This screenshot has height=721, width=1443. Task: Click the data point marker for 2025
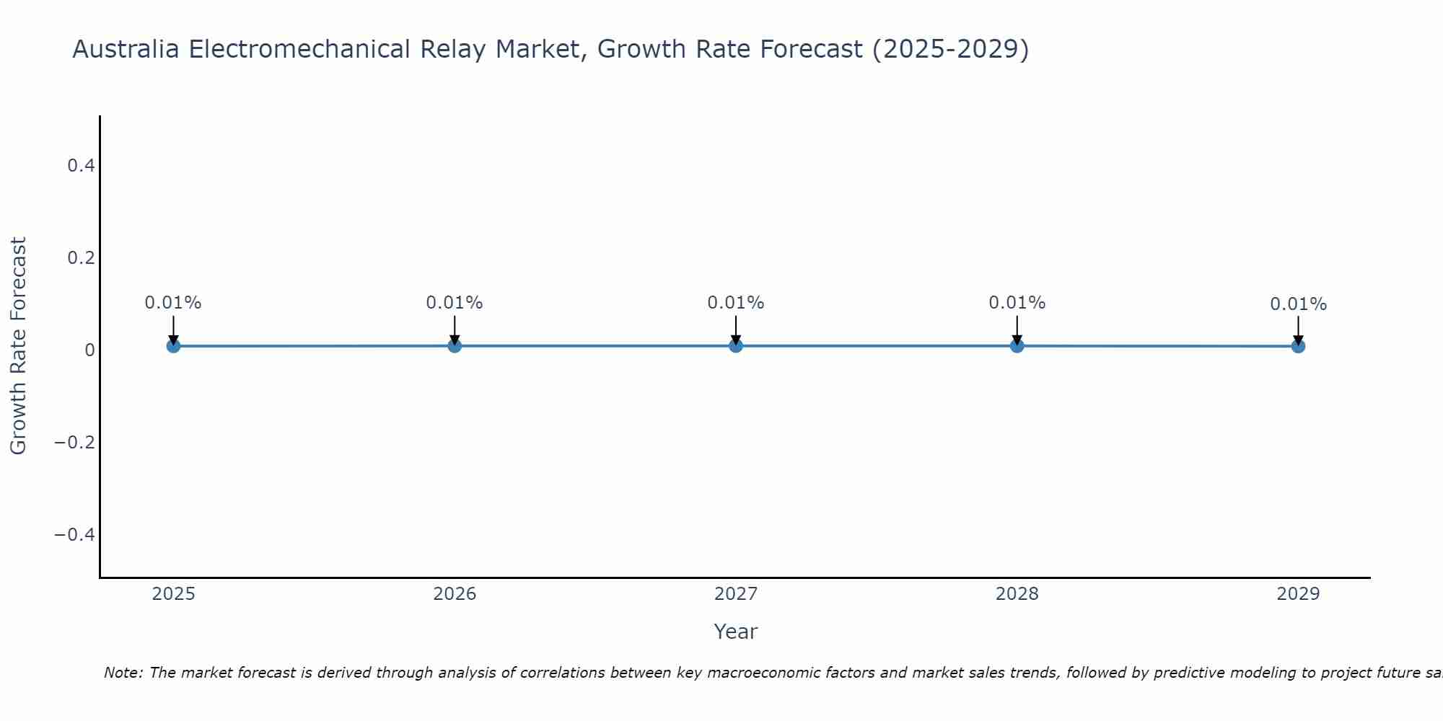pyautogui.click(x=173, y=346)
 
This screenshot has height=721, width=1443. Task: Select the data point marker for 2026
pyautogui.click(x=455, y=346)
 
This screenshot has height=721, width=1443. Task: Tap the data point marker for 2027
pyautogui.click(x=736, y=346)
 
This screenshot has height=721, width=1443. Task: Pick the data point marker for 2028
pyautogui.click(x=1017, y=346)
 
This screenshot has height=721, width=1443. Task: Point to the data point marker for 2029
pyautogui.click(x=1298, y=346)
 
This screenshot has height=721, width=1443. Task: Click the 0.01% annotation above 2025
pyautogui.click(x=173, y=303)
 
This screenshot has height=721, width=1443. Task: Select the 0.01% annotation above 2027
pyautogui.click(x=736, y=303)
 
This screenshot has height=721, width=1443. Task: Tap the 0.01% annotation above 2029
pyautogui.click(x=1298, y=304)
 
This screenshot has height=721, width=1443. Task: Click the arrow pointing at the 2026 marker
pyautogui.click(x=455, y=329)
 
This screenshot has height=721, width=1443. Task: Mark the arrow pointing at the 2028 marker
pyautogui.click(x=1017, y=329)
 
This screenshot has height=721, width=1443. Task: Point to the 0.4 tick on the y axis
pyautogui.click(x=81, y=166)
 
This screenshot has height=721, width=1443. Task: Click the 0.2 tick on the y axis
pyautogui.click(x=81, y=257)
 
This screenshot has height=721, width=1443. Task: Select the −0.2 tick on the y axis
pyautogui.click(x=75, y=442)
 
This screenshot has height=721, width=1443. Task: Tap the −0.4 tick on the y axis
pyautogui.click(x=75, y=534)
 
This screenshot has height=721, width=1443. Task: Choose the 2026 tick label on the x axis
pyautogui.click(x=455, y=594)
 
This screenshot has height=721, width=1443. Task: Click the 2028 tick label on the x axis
pyautogui.click(x=1017, y=594)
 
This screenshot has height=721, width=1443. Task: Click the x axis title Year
pyautogui.click(x=735, y=632)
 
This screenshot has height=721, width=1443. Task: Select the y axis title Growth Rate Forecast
pyautogui.click(x=18, y=346)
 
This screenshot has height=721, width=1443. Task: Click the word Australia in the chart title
pyautogui.click(x=126, y=50)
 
